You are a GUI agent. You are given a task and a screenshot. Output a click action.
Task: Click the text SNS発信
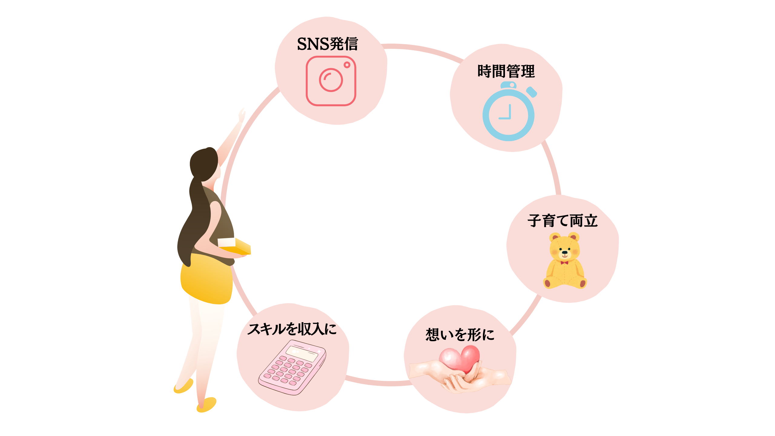pos(328,44)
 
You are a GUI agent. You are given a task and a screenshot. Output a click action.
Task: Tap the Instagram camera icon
pos(331,81)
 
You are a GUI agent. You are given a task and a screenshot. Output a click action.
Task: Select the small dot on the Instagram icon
pos(347,65)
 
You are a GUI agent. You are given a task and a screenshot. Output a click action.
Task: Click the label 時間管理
pos(506,71)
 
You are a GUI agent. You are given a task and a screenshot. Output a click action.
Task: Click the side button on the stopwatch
pos(532,92)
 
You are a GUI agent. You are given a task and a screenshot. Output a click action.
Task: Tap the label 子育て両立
pos(562,220)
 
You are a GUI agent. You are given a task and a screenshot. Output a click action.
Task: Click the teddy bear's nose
pos(565,252)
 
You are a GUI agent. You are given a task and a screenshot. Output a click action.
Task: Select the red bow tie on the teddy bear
pos(564,263)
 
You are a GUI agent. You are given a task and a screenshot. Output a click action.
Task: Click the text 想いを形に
pos(460,335)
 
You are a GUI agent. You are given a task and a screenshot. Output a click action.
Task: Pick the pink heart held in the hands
pos(460,359)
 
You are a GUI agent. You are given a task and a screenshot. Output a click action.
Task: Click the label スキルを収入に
pos(292,329)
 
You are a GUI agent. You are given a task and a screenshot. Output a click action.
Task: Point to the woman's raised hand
pos(242,114)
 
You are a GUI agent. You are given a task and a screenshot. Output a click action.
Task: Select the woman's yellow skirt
pos(206,280)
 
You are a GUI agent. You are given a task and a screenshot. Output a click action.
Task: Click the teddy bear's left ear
pos(555,237)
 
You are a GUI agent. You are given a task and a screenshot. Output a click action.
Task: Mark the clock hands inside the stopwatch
pos(507,114)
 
